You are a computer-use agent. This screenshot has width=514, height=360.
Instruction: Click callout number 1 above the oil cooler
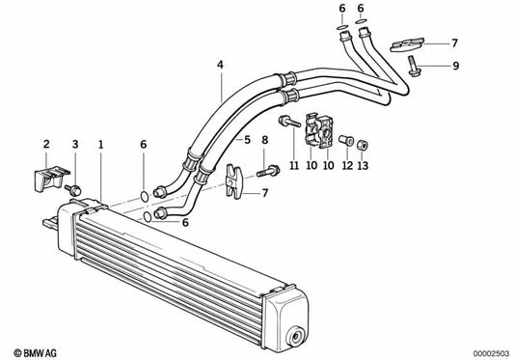pos(100,146)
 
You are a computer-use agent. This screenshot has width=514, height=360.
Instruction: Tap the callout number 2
pos(45,146)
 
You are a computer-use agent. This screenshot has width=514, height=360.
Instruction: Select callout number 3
pos(74,146)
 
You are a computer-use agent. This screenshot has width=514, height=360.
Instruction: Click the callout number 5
pos(246,140)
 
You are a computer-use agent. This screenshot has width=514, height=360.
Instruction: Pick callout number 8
pos(265,140)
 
